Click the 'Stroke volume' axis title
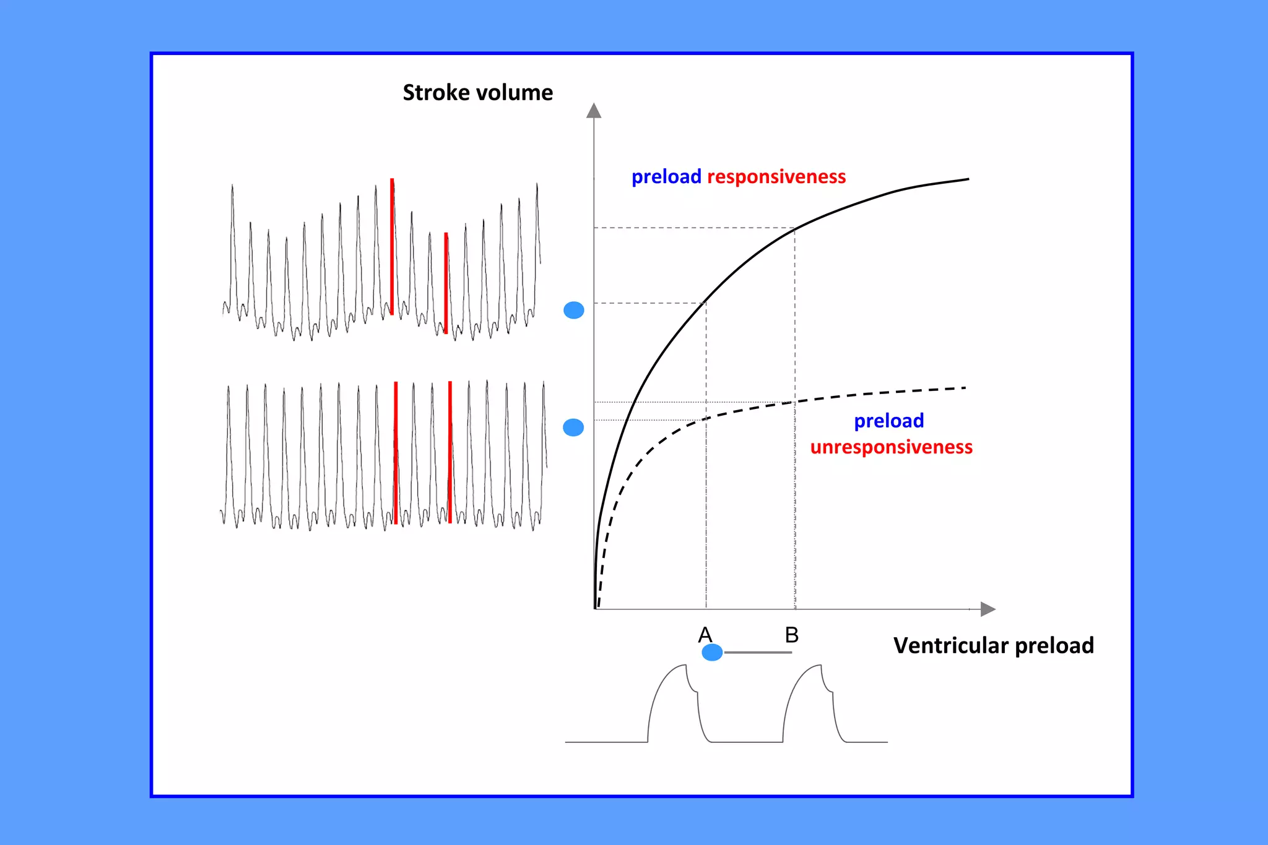tap(477, 93)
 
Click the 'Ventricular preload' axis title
tap(993, 645)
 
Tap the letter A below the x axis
tap(705, 635)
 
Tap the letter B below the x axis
tap(791, 635)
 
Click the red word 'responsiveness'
tap(776, 177)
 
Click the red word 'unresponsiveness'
tap(891, 447)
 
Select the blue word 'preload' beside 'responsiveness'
tap(666, 177)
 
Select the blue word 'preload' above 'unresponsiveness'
tap(888, 421)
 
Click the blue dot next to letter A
tap(712, 652)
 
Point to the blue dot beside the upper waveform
tap(574, 310)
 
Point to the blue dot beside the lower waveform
tap(573, 427)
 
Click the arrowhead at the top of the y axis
tap(594, 111)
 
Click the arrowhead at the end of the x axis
tap(988, 609)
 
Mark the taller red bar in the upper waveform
tap(392, 246)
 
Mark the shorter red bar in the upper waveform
tap(446, 283)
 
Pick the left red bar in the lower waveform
tap(396, 453)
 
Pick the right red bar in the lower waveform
tap(449, 452)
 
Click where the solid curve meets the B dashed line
tap(795, 229)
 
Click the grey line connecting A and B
tap(758, 652)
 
